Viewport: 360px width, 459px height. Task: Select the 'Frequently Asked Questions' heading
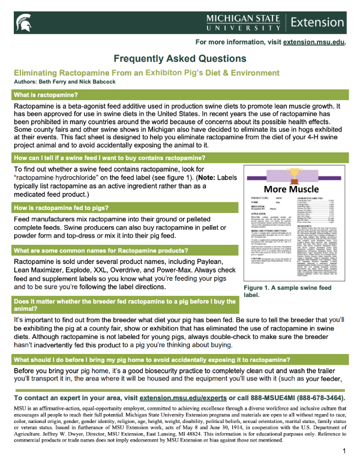[x=180, y=59]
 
